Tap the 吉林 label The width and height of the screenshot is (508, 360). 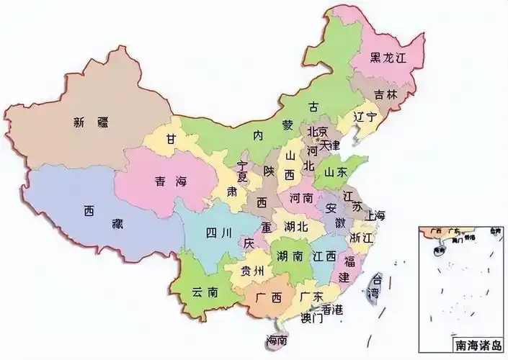pyautogui.click(x=386, y=94)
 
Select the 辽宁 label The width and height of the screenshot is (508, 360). pyautogui.click(x=365, y=116)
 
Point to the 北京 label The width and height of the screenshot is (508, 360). pyautogui.click(x=318, y=132)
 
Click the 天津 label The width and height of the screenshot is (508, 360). pyautogui.click(x=330, y=145)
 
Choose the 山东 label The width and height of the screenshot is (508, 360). pyautogui.click(x=336, y=172)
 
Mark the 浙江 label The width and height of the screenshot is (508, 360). pyautogui.click(x=362, y=237)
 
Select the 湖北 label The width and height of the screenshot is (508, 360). pyautogui.click(x=296, y=226)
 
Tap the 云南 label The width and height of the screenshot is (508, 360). pyautogui.click(x=205, y=292)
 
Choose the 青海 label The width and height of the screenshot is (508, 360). pyautogui.click(x=169, y=182)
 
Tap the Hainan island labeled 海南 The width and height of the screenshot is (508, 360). pyautogui.click(x=276, y=340)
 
